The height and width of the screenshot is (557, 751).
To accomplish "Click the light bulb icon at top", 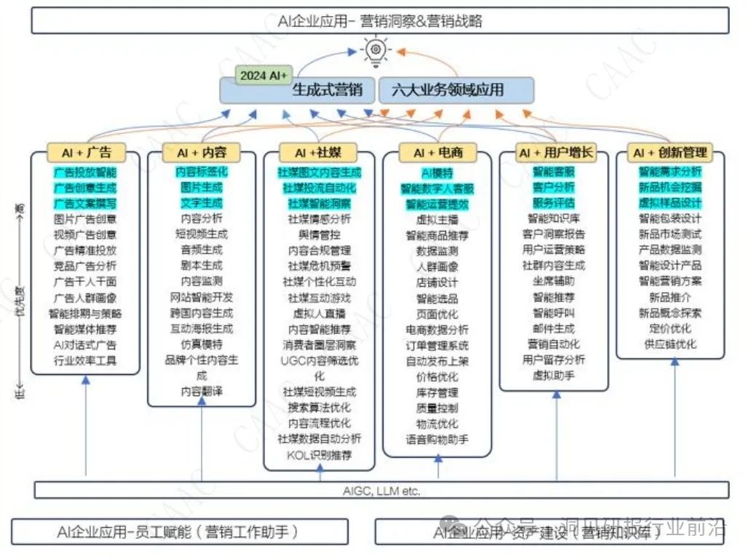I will pyautogui.click(x=375, y=49).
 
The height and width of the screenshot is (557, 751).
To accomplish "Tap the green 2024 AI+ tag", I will pyautogui.click(x=263, y=75).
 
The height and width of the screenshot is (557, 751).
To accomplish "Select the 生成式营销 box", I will pyautogui.click(x=326, y=91).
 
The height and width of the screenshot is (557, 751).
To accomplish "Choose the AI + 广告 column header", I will pyautogui.click(x=86, y=152).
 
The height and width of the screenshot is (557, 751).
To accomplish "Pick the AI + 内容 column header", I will pyautogui.click(x=202, y=153).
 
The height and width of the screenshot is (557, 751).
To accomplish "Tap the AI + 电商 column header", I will pyautogui.click(x=437, y=153).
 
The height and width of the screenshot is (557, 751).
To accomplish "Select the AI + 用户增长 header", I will pyautogui.click(x=555, y=153).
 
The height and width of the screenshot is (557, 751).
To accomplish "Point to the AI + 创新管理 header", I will pyautogui.click(x=670, y=153).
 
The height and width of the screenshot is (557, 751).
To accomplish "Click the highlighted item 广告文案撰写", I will pyautogui.click(x=85, y=203).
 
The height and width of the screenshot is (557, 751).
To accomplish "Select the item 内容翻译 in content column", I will pyautogui.click(x=202, y=391).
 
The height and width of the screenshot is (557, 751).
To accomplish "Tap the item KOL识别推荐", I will pyautogui.click(x=319, y=455).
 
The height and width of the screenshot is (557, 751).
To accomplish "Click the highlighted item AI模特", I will pyautogui.click(x=437, y=173).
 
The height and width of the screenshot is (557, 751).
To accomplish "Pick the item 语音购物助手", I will pyautogui.click(x=437, y=439).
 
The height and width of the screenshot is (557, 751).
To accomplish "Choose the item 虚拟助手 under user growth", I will pyautogui.click(x=555, y=375).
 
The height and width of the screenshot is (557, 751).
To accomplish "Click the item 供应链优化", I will pyautogui.click(x=670, y=344).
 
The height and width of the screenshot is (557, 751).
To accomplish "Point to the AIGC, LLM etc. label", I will pyautogui.click(x=381, y=491).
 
